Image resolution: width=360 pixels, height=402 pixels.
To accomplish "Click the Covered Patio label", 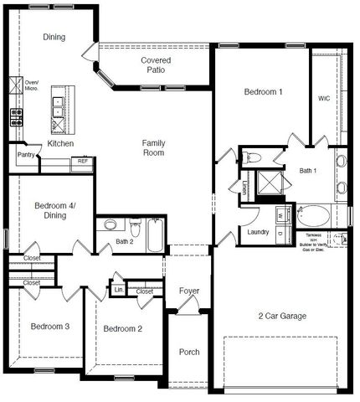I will [x=157, y=65].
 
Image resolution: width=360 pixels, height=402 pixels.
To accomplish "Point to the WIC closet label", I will [x=324, y=98].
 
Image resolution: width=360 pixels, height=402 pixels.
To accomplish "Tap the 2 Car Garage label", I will [x=281, y=316].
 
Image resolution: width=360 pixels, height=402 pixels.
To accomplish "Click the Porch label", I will [x=189, y=352].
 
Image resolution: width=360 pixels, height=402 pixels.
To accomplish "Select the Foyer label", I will [x=189, y=291].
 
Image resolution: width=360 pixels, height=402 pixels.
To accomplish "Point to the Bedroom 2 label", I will [x=122, y=329].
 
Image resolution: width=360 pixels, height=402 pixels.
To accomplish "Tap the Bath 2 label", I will [x=126, y=242].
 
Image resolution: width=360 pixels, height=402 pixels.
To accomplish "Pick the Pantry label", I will [x=25, y=155].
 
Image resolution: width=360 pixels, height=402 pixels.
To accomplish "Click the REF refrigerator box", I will [x=83, y=161].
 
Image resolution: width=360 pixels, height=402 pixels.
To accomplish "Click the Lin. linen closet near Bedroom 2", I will [x=118, y=290].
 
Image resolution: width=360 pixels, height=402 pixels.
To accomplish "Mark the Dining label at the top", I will [x=55, y=37].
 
